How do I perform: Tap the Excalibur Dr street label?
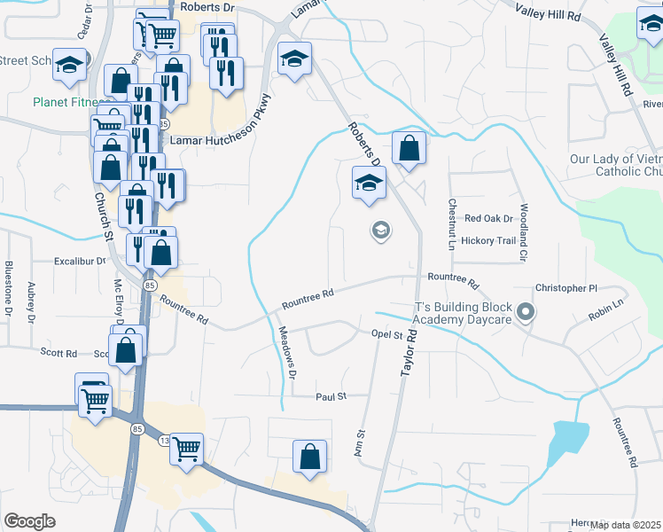[x=79, y=262]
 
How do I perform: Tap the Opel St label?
[x=386, y=335]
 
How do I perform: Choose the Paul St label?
[x=331, y=397]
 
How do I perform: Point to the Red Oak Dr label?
[x=489, y=218]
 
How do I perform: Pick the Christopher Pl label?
[x=567, y=288]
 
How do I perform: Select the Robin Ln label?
[x=606, y=304]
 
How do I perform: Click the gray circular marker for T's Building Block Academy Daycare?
[x=526, y=312]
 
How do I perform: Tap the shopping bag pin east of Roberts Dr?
[x=408, y=148]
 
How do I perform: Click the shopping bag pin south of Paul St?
[x=310, y=457]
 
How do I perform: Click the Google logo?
[x=30, y=521]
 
